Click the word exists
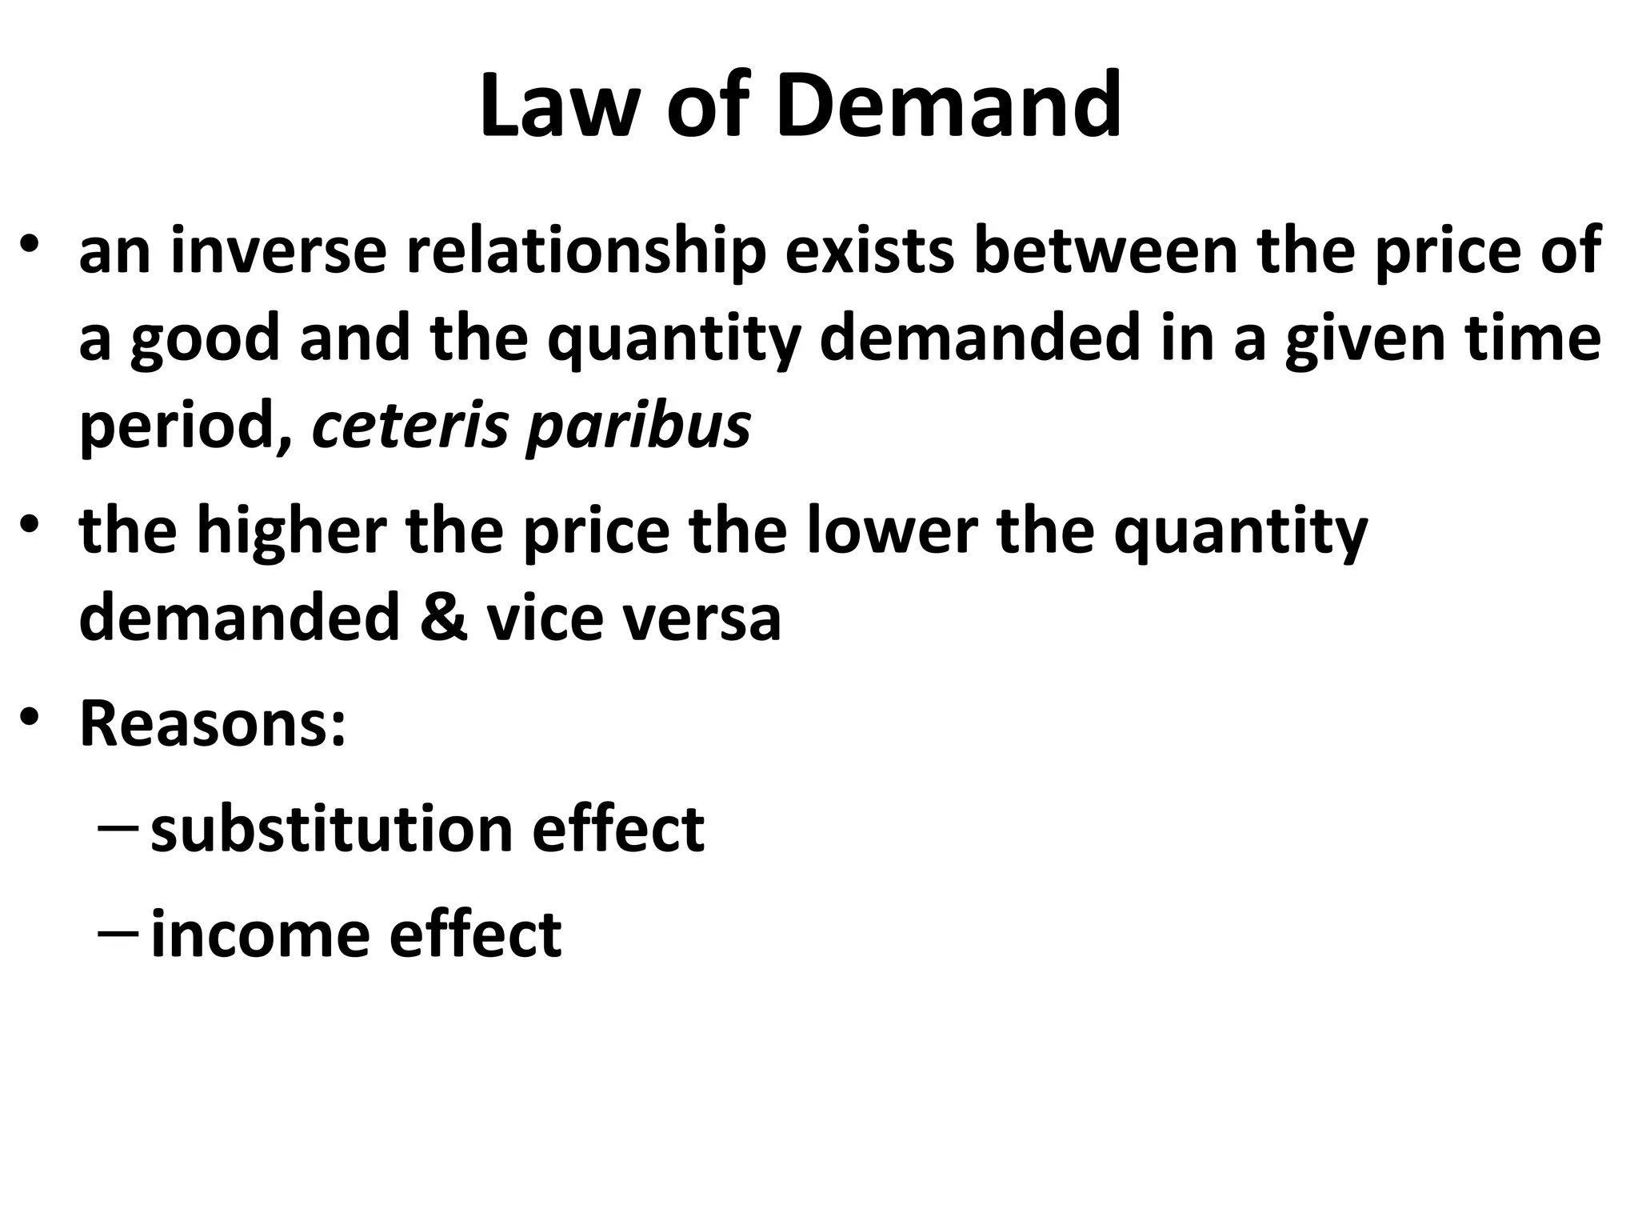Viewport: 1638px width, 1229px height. [x=869, y=250]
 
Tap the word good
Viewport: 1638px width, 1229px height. [x=205, y=338]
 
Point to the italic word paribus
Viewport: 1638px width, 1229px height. [x=638, y=425]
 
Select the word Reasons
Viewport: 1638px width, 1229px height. [x=212, y=723]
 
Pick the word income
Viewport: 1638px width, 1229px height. [x=260, y=934]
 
